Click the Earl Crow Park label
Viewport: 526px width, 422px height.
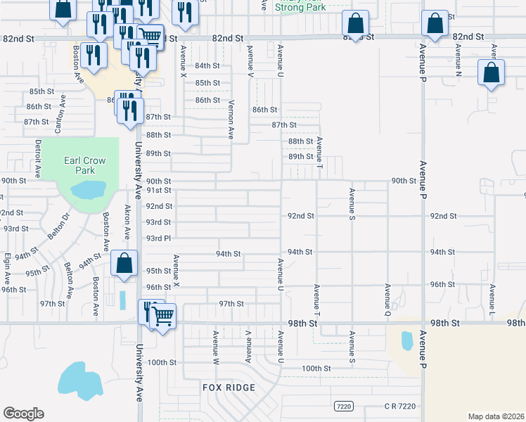[85, 165]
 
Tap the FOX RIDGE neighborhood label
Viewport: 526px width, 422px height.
[229, 388]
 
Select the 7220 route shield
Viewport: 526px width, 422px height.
[342, 407]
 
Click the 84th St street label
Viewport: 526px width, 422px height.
[208, 65]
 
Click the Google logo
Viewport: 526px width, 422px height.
[23, 414]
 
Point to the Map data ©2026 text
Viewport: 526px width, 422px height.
[496, 416]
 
